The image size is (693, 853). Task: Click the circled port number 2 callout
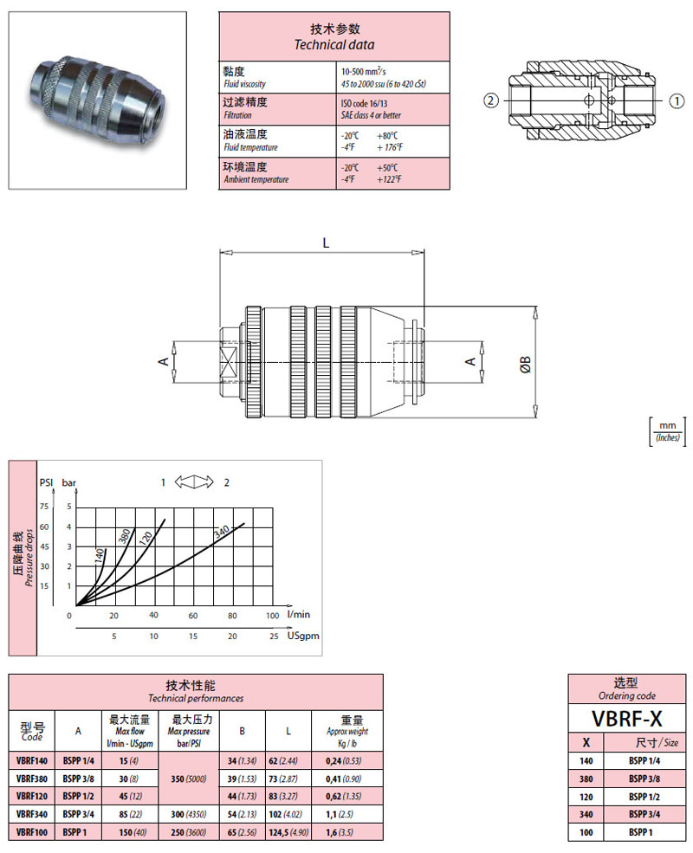[x=490, y=100]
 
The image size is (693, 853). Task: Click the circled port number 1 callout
[x=677, y=101]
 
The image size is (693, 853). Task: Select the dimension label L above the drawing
[x=326, y=243]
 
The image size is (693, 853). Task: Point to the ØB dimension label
[x=525, y=365]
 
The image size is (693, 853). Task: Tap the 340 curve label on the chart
[x=222, y=532]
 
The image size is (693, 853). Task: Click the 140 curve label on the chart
[x=99, y=556]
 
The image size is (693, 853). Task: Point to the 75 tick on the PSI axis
[x=44, y=507]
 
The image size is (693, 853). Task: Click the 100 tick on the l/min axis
[x=273, y=616]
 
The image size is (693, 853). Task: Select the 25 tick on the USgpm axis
[x=274, y=636]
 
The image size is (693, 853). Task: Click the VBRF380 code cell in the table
[x=31, y=779]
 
